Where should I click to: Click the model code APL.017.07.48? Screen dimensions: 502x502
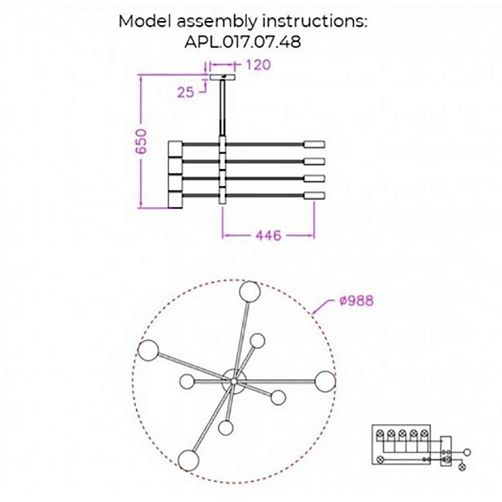click(243, 41)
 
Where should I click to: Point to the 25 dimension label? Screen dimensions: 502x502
click(185, 91)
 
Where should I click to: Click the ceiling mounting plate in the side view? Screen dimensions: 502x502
click(221, 78)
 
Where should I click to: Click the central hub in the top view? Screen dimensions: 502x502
click(233, 380)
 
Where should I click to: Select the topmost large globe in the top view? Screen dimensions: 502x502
click(248, 291)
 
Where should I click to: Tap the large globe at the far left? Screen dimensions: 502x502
click(147, 351)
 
